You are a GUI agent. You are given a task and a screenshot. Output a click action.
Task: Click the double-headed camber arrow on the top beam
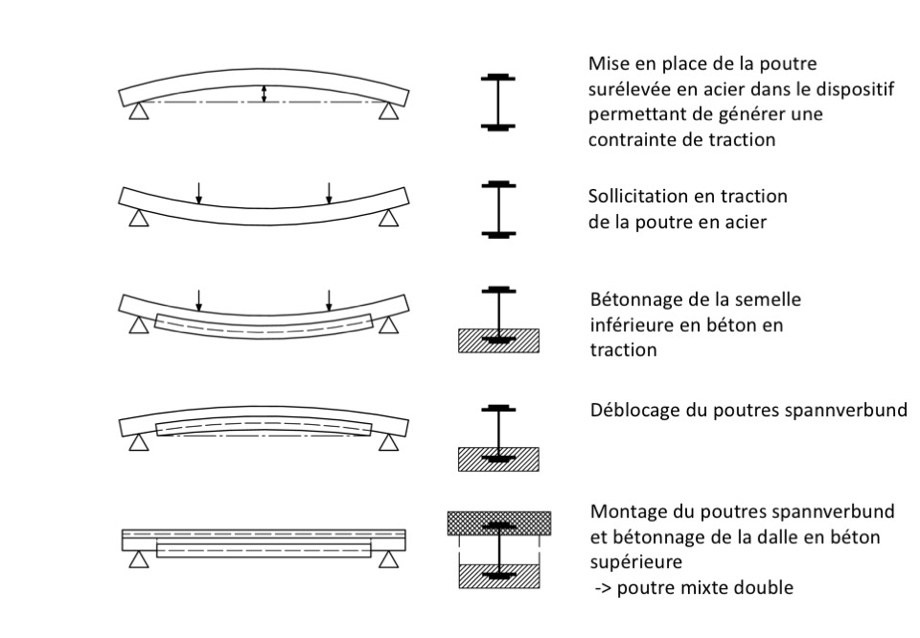tap(264, 94)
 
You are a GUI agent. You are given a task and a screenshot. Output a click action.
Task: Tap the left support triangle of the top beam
tap(139, 111)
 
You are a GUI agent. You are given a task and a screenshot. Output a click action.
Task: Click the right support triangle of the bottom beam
tap(388, 560)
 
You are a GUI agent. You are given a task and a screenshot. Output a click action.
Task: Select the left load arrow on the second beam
tap(199, 193)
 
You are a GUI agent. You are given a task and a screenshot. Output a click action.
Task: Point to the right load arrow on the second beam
tap(329, 193)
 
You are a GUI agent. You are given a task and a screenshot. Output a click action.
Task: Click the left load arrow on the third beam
tap(199, 300)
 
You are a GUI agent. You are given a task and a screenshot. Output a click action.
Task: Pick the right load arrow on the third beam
tap(329, 300)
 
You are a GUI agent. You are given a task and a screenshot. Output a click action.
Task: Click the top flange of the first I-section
tap(498, 78)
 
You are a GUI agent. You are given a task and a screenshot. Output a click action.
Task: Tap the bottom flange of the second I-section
tap(498, 234)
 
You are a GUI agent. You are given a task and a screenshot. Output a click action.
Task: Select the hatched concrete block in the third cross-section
tap(498, 341)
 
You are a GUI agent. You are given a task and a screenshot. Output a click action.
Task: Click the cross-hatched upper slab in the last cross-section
tap(499, 523)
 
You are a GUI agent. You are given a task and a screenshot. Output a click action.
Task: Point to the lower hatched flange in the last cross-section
tap(498, 576)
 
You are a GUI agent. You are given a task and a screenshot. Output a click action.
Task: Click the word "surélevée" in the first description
tap(632, 88)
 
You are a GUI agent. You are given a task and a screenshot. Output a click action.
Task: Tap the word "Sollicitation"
tap(637, 196)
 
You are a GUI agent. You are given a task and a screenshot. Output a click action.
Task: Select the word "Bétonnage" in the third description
tap(633, 300)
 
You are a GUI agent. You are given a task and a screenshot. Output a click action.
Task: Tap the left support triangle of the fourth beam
tap(139, 443)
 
